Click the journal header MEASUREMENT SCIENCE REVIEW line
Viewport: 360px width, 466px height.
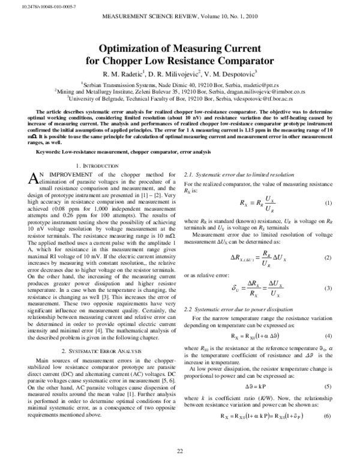pos(180,19)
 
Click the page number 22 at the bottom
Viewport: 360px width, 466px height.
pos(179,452)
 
